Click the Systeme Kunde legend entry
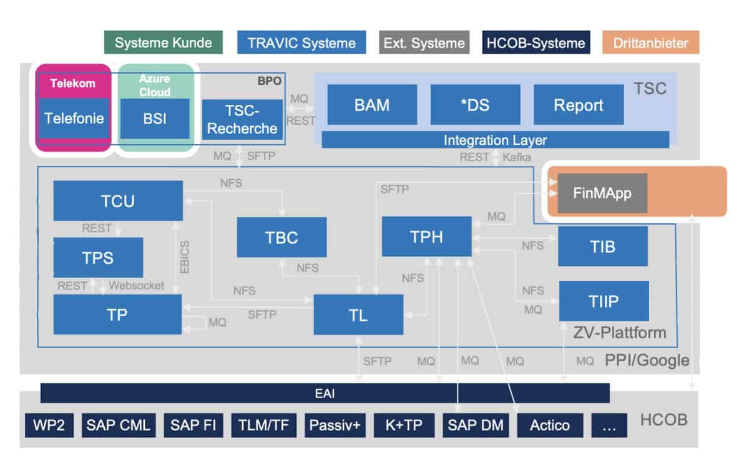[x=164, y=43]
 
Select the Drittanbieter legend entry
[x=650, y=43]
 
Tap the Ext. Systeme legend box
[x=424, y=43]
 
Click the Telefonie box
[x=74, y=118]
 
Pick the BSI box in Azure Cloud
[x=155, y=118]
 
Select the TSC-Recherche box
[x=242, y=120]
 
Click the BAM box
[x=372, y=105]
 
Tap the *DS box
[x=475, y=105]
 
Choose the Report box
[x=579, y=105]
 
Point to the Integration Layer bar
[x=495, y=140]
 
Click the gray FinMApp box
[x=602, y=193]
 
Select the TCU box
[x=117, y=201]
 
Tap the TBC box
[x=281, y=237]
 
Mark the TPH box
[x=426, y=236]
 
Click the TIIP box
[x=604, y=301]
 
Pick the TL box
[x=358, y=314]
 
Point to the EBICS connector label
[x=185, y=256]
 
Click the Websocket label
[x=136, y=285]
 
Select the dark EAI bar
[x=325, y=394]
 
